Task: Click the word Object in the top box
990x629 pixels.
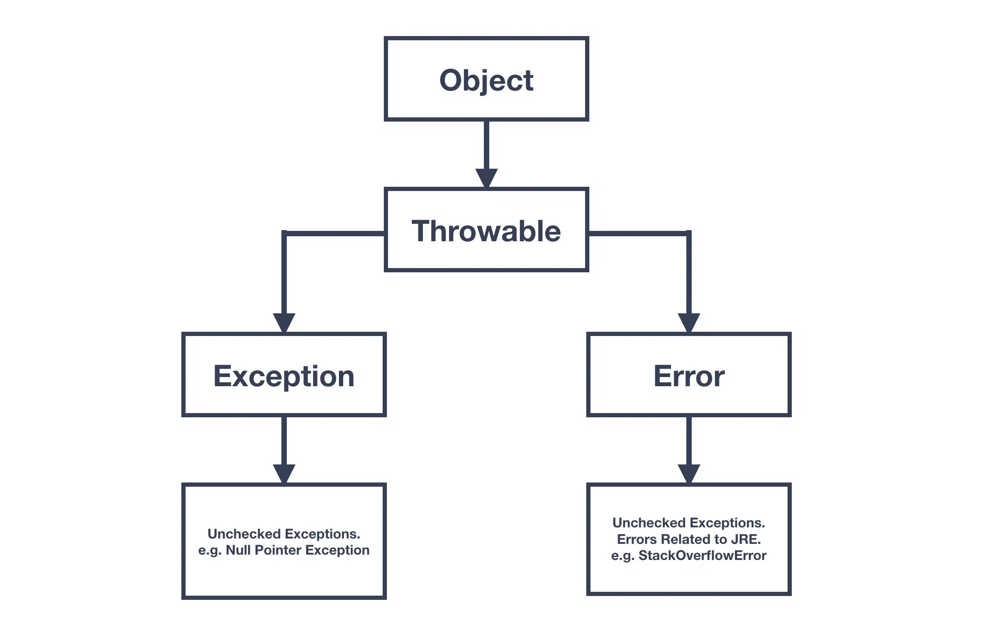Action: tap(486, 80)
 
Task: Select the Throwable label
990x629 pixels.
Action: tap(486, 231)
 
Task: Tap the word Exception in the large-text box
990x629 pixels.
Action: tap(284, 376)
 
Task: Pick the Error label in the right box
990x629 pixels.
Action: tap(689, 376)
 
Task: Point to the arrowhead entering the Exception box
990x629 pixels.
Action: tap(284, 322)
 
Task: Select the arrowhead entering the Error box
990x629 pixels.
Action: tap(689, 322)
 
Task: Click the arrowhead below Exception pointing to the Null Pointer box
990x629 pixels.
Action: tap(284, 473)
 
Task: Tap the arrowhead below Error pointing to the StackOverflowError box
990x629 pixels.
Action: tap(689, 473)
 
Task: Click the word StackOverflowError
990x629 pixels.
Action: tap(702, 555)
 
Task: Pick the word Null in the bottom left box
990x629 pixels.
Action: tap(238, 550)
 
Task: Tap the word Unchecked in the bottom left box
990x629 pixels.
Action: tap(238, 534)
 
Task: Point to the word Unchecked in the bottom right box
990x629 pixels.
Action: tap(643, 523)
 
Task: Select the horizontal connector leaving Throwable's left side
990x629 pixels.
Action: tap(335, 233)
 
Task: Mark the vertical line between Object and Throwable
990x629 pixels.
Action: tap(486, 144)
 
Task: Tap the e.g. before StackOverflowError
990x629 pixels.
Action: tap(622, 556)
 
